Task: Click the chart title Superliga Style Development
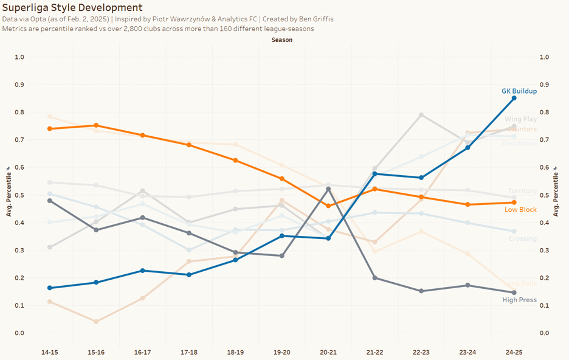[73, 8]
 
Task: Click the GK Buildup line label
[519, 91]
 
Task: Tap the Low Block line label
[520, 210]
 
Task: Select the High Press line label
[519, 300]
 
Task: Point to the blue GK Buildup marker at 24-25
[514, 98]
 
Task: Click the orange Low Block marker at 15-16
[96, 125]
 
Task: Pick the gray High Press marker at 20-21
[328, 189]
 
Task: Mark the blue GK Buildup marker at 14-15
[50, 288]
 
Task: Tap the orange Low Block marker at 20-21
[328, 206]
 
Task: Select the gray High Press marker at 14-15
[50, 201]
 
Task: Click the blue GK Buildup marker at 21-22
[375, 174]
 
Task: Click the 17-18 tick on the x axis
[189, 351]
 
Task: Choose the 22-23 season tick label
[421, 351]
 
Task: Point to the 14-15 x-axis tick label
[50, 351]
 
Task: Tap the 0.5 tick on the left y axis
[20, 195]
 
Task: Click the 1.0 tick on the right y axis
[545, 57]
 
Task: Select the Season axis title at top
[282, 40]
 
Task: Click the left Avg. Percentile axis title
[9, 195]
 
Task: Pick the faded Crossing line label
[522, 239]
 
